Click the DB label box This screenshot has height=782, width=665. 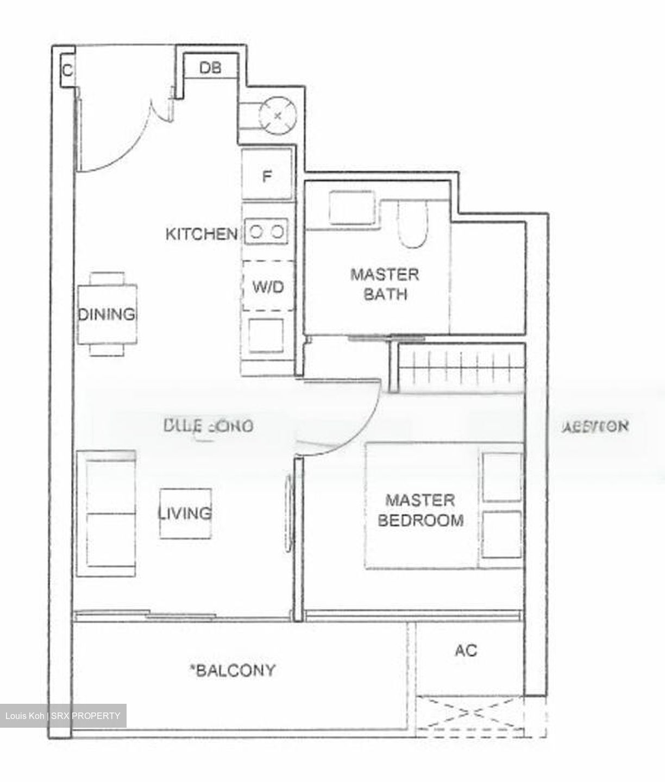[210, 68]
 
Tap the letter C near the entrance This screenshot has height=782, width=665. [67, 70]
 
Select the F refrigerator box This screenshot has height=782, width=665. [267, 176]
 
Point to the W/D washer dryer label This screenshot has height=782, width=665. [268, 286]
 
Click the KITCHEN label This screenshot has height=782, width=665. [201, 234]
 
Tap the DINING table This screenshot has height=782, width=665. [107, 314]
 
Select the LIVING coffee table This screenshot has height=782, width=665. [185, 513]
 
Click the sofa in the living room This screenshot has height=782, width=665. [106, 513]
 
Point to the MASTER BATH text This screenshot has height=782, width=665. [385, 284]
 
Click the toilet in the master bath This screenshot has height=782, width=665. [413, 223]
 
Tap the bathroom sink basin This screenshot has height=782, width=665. [351, 207]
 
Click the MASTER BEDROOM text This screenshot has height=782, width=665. [420, 510]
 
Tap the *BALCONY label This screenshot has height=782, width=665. [232, 670]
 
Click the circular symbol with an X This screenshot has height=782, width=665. [278, 115]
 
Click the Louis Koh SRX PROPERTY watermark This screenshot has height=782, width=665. [63, 716]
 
